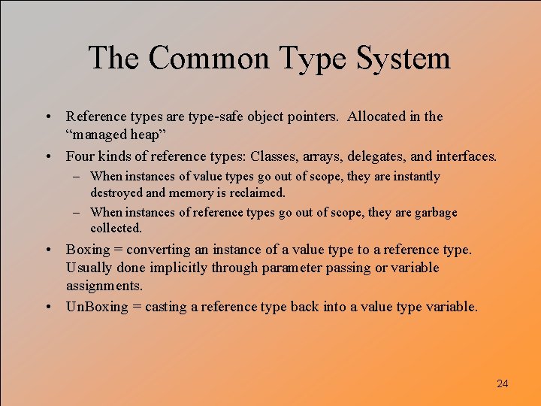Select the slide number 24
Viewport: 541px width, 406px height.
[x=503, y=383]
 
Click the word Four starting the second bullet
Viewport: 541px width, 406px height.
[x=81, y=156]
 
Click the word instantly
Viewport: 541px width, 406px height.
[x=416, y=177]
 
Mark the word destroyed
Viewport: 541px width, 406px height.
[x=116, y=192]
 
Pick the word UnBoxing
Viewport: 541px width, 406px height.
[x=97, y=307]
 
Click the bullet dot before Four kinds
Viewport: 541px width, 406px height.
[x=47, y=156]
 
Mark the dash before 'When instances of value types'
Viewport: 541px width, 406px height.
[x=79, y=177]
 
